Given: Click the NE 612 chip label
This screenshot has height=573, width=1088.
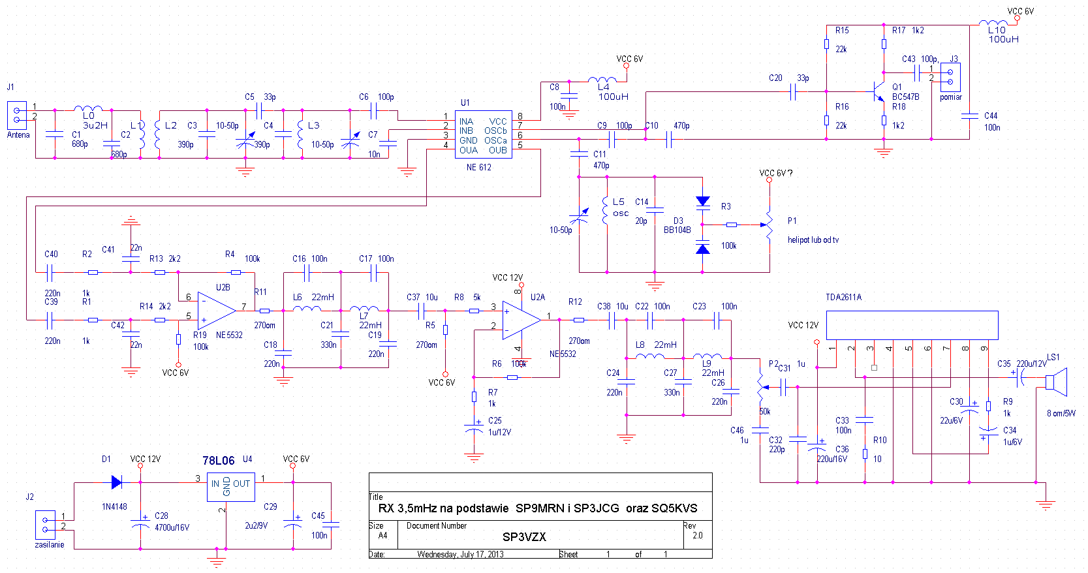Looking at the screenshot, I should point(478,168).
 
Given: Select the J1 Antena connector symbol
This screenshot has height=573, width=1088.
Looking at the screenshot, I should point(17,115).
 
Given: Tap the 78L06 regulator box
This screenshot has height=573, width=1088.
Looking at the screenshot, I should point(230,487).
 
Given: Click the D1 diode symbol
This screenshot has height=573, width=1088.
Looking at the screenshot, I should point(117,482).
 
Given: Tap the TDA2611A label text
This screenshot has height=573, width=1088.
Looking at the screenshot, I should point(843,298).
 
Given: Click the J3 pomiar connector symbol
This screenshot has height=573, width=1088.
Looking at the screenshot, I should point(950,77).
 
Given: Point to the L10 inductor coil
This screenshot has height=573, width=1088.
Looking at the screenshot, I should point(993,23).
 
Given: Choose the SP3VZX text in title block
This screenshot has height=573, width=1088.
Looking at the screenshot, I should point(524,537).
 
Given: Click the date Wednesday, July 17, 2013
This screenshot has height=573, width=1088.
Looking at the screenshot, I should point(460,555).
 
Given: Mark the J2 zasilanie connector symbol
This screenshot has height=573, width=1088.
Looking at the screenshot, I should point(45,525).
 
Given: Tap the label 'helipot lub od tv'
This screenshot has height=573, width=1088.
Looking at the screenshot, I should point(813,240).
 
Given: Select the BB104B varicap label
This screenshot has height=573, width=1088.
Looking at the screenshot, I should point(677,230).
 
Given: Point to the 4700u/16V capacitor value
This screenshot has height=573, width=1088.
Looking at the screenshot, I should point(172,527).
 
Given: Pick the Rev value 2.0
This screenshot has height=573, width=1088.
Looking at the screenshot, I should point(697,536).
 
